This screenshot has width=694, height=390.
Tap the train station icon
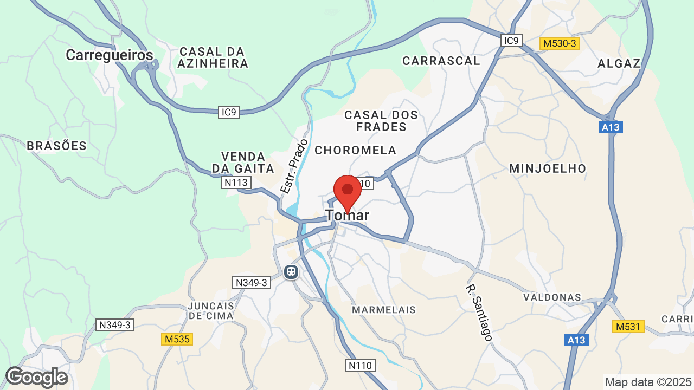291,271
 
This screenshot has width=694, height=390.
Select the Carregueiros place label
110,55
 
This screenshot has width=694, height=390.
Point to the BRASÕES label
56,146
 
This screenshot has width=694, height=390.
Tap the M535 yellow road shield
177,339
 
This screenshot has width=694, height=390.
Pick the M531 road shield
628,327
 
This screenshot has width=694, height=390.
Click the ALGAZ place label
619,63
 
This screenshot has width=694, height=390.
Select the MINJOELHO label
548,168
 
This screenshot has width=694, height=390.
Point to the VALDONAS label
552,297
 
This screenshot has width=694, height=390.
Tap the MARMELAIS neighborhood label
384,310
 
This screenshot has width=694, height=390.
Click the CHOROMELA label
356,150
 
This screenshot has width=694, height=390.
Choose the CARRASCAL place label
441,61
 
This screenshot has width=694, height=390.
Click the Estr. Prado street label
294,166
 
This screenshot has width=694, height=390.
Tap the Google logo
36,377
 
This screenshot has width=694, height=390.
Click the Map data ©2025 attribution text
648,382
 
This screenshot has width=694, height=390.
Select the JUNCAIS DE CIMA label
210,310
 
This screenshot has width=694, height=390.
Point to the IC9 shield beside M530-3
511,40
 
